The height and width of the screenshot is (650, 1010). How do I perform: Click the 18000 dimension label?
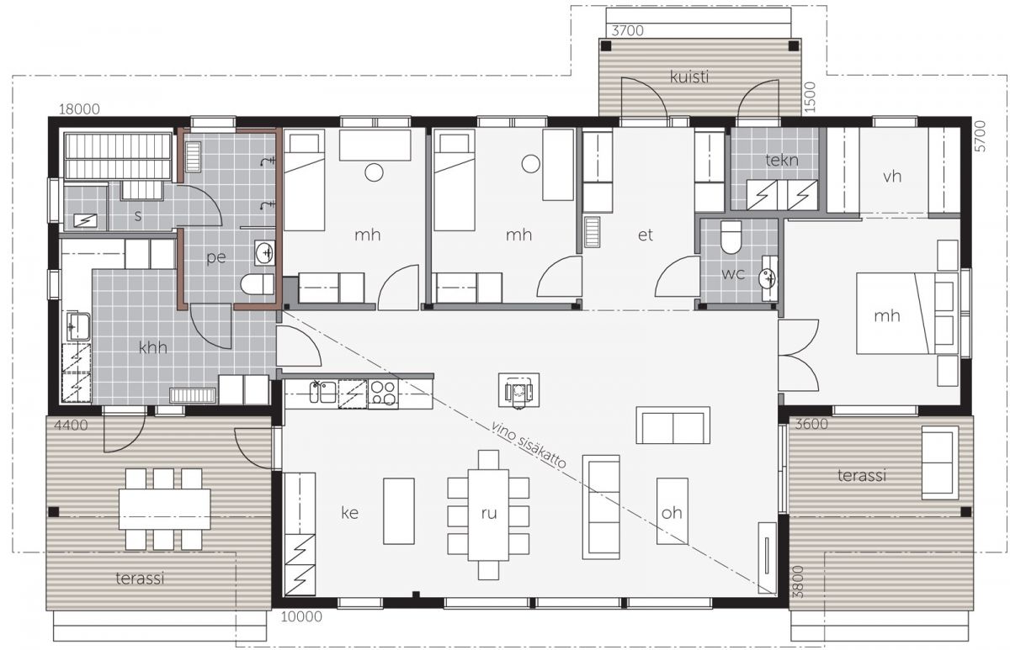coord(79,109)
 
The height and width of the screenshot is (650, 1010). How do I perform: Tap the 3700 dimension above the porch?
coord(627,30)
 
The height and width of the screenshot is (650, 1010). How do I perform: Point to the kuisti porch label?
coord(689,77)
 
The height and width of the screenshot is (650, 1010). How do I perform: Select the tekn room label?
coord(782,161)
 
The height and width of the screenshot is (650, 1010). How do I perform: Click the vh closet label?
coord(892,177)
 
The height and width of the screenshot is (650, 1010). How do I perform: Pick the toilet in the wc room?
coord(731,237)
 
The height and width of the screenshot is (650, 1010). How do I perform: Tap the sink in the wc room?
coord(769,278)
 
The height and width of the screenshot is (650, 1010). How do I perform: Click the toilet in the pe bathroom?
coord(257,284)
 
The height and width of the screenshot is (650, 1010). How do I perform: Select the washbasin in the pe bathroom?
coord(264,253)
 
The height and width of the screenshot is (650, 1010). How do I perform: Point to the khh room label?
coord(153,348)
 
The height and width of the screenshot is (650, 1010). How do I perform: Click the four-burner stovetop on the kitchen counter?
coord(383,394)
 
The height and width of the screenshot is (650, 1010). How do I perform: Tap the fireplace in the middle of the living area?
coord(518,390)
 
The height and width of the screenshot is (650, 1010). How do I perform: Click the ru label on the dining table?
coord(489,513)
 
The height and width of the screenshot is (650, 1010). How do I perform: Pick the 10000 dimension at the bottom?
coord(301,616)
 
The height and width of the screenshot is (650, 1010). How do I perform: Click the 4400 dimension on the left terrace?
coord(71,425)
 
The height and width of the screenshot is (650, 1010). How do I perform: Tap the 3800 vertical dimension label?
coord(798,582)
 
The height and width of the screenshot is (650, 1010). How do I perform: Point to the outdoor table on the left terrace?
coord(165,509)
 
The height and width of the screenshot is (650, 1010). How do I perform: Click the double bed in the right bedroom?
coord(907,313)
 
